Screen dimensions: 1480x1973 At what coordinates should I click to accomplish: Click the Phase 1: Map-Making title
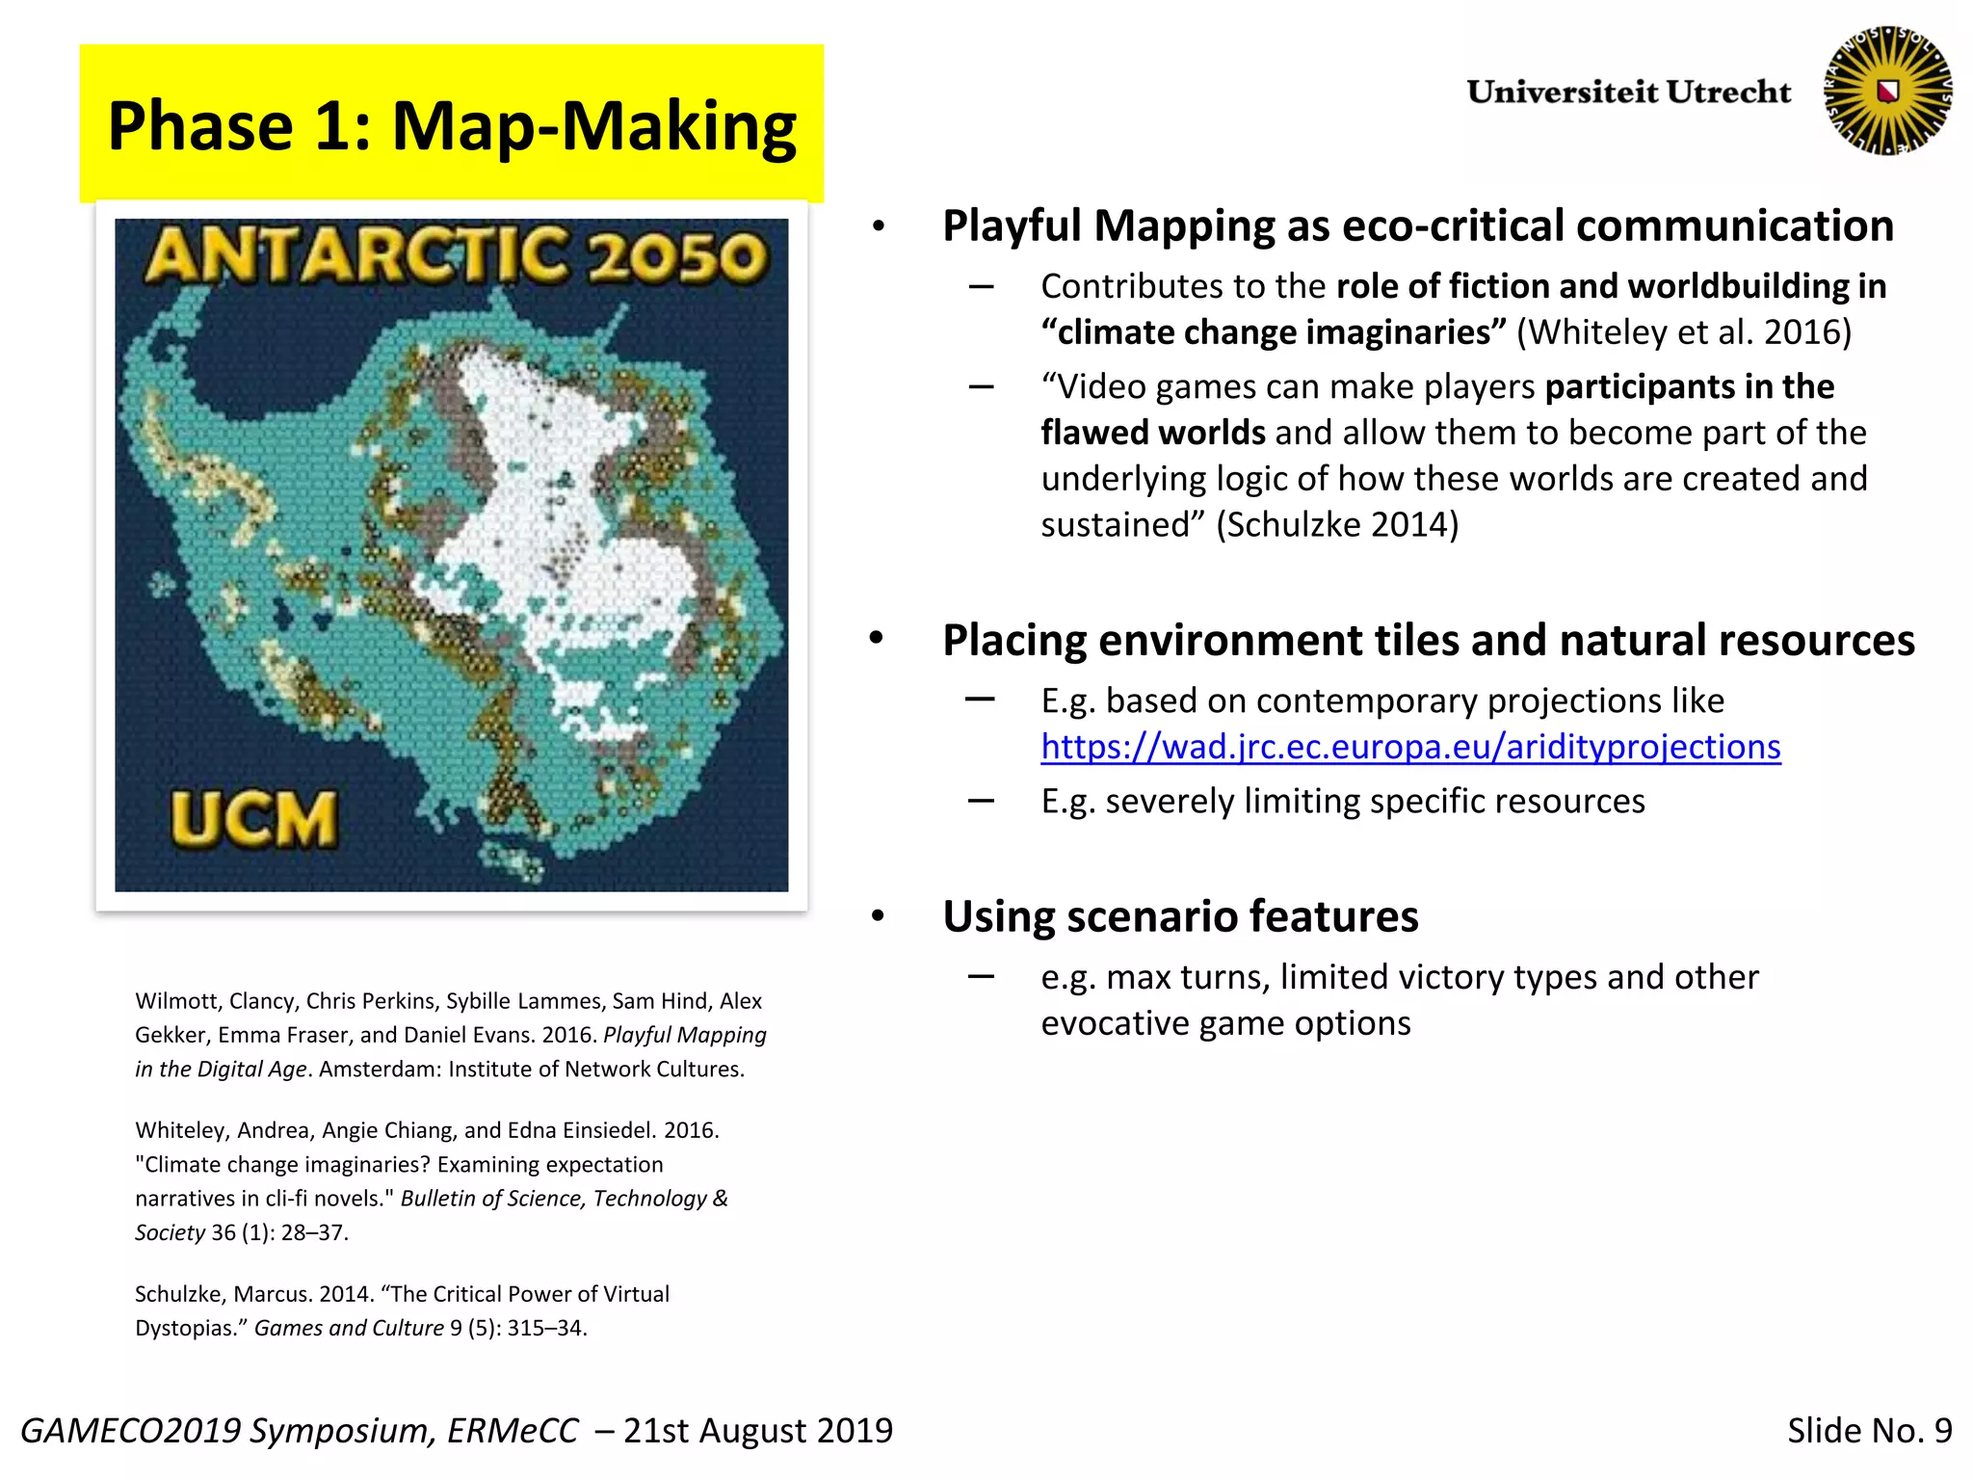pyautogui.click(x=451, y=126)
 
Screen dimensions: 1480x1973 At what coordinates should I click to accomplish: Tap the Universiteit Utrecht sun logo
pyautogui.click(x=1887, y=91)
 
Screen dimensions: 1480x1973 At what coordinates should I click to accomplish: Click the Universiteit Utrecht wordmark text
pyautogui.click(x=1628, y=92)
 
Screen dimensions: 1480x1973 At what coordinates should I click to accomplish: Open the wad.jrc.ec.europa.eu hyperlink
pyautogui.click(x=1410, y=748)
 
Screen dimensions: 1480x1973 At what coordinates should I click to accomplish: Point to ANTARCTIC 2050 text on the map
pyautogui.click(x=455, y=255)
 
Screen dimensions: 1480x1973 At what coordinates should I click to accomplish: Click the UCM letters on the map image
pyautogui.click(x=254, y=819)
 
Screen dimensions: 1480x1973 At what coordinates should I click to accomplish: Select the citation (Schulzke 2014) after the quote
pyautogui.click(x=1337, y=525)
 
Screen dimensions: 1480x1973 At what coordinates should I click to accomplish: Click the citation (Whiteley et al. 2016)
pyautogui.click(x=1684, y=332)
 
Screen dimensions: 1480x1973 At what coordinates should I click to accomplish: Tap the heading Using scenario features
pyautogui.click(x=1180, y=916)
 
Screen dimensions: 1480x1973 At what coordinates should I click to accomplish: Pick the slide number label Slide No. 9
pyautogui.click(x=1869, y=1431)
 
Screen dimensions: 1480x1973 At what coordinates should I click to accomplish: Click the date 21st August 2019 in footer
pyautogui.click(x=758, y=1431)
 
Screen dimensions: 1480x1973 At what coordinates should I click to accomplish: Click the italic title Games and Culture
pyautogui.click(x=349, y=1328)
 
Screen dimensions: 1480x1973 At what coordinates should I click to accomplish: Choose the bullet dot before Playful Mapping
pyautogui.click(x=878, y=227)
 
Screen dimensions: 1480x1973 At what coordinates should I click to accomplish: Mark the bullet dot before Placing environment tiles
pyautogui.click(x=877, y=640)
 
